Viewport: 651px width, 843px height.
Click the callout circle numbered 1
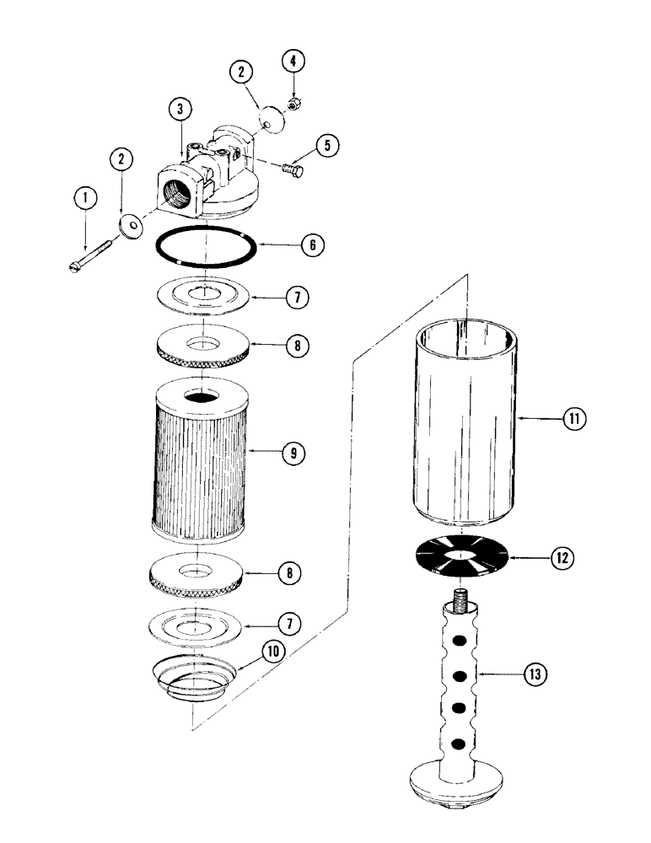(x=83, y=198)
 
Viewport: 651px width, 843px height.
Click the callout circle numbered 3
(x=180, y=109)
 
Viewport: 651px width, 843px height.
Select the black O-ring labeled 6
(x=207, y=249)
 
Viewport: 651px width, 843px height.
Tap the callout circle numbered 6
(x=311, y=245)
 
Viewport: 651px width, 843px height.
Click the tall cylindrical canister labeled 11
(x=465, y=421)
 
